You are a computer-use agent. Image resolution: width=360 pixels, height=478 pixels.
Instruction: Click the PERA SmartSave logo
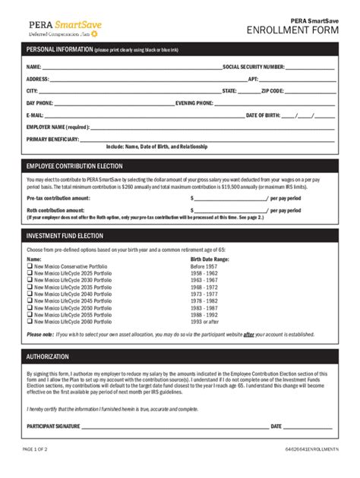pos(64,29)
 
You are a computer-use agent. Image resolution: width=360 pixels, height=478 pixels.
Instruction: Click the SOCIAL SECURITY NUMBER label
pos(253,67)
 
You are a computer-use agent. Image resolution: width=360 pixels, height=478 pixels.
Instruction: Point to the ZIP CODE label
pos(272,90)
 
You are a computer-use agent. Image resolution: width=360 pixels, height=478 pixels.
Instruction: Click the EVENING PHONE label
pos(194,102)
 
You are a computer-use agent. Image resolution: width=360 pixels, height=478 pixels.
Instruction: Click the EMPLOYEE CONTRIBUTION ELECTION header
pos(74,165)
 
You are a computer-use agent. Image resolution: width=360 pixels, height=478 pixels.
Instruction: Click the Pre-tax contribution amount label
pos(58,198)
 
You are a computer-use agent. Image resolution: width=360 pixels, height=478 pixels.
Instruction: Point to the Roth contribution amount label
pos(55,209)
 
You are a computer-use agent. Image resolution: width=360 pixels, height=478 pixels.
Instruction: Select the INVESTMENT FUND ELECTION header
pos(65,237)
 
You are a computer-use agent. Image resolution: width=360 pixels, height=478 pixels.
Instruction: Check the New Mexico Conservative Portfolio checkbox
pos(30,266)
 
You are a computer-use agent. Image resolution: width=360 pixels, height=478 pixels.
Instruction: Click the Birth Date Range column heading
pos(209,259)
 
